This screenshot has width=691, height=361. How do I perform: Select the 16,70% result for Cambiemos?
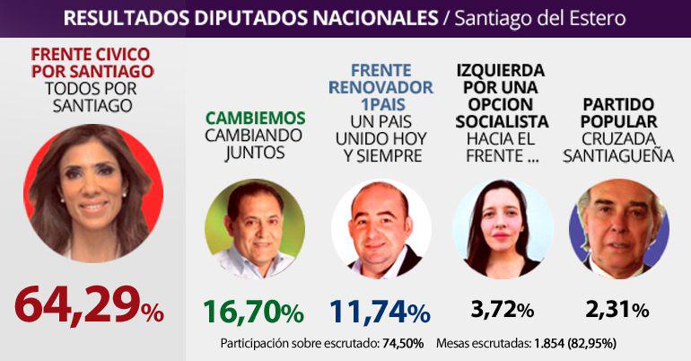coord(253,312)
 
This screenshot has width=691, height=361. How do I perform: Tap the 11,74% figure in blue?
coord(380,312)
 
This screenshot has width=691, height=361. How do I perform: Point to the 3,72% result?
coord(502,311)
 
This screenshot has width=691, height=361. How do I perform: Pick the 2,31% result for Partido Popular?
coord(617,311)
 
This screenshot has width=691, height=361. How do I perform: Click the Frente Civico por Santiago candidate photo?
coord(93,193)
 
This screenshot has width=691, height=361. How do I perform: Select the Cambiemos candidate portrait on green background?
coord(254,229)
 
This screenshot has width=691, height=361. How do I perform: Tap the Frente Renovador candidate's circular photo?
coord(380,229)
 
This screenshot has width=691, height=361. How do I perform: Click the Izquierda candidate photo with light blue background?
coord(502,229)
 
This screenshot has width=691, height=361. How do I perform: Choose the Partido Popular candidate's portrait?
coord(618,229)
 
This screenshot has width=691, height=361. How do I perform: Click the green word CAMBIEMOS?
coord(255,118)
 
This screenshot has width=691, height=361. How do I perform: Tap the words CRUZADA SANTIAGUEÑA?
coord(617,147)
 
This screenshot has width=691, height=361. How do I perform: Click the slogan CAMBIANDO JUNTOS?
coord(255,145)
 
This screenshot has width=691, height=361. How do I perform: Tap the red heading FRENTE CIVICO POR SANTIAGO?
coord(92,61)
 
